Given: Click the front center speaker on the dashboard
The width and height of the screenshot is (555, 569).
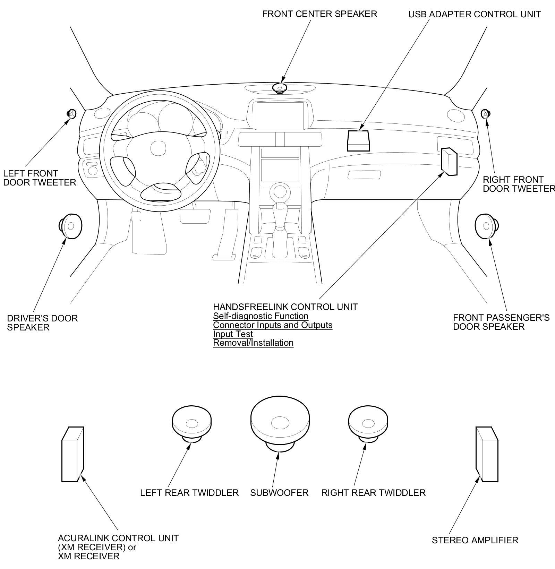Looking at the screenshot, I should click(279, 88).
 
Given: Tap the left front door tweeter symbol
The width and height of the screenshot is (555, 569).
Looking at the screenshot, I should click(71, 113).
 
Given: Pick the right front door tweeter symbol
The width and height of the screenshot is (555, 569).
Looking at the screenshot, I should click(485, 113).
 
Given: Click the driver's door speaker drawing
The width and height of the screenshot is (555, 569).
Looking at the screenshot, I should click(70, 226).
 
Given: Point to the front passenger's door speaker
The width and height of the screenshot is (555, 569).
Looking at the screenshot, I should click(487, 226).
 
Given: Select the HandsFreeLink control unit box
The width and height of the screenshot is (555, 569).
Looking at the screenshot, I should click(449, 161).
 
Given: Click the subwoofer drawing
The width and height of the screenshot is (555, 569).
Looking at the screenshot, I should click(280, 424).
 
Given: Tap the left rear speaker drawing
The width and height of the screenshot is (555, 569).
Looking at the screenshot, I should click(191, 424).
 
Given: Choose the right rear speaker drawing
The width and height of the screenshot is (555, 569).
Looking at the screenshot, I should click(368, 424).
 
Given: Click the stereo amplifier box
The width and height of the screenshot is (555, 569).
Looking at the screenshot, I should click(487, 454).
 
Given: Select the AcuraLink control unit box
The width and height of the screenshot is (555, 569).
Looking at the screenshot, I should click(72, 454).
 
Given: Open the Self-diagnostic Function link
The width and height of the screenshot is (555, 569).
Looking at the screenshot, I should click(261, 316).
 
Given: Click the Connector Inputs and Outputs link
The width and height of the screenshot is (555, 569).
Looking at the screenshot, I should click(273, 325).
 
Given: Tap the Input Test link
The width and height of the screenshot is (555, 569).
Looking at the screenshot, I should click(233, 334).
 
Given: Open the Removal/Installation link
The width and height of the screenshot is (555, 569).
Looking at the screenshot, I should click(253, 343).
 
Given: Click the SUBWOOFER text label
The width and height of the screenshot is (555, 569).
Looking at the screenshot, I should click(279, 493).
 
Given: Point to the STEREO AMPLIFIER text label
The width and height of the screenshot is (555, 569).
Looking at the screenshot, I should click(475, 540).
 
